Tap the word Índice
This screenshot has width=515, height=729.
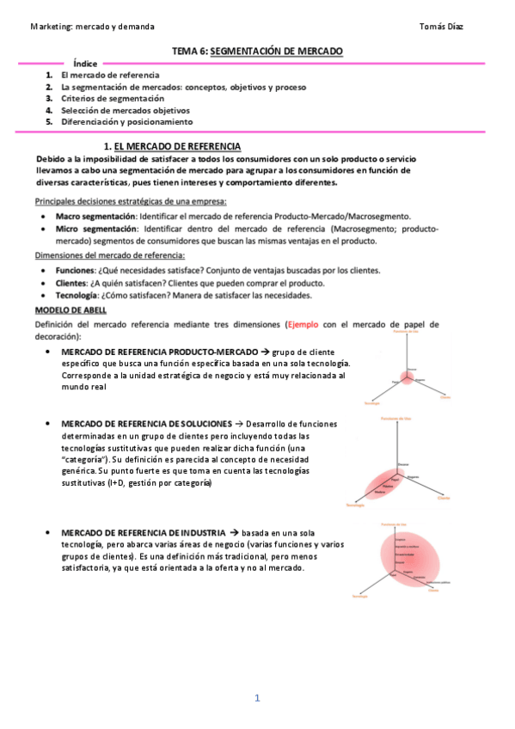pyautogui.click(x=85, y=64)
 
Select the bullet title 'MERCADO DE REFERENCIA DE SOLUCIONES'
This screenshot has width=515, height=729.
pyautogui.click(x=146, y=424)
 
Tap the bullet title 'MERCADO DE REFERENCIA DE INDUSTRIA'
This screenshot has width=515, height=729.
pyautogui.click(x=144, y=533)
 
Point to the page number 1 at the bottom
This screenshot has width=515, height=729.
pyautogui.click(x=257, y=698)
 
